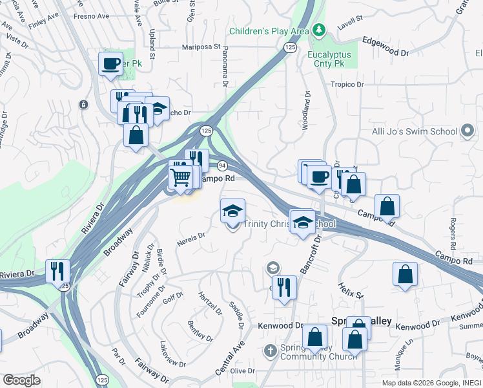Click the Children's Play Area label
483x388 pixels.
click(x=269, y=31)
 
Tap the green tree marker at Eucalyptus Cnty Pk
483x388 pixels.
click(x=318, y=30)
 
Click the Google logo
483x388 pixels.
click(x=21, y=380)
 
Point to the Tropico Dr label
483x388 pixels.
click(x=347, y=85)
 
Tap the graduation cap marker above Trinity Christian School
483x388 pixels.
click(x=232, y=210)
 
